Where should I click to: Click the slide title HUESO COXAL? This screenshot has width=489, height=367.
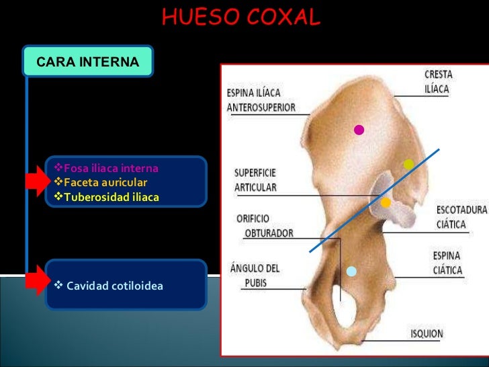click(x=241, y=18)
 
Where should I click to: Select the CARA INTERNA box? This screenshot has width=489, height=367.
click(x=88, y=62)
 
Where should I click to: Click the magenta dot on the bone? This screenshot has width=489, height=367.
click(x=359, y=130)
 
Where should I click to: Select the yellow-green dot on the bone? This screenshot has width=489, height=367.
click(x=408, y=164)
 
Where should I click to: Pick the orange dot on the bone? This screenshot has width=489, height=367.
click(x=386, y=202)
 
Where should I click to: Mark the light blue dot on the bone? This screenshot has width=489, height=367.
click(x=351, y=271)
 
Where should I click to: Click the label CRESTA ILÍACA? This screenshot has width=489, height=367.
click(x=438, y=81)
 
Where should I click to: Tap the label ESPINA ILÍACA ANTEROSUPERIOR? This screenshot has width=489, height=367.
click(x=261, y=99)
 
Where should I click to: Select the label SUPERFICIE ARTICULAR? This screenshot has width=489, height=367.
click(x=255, y=180)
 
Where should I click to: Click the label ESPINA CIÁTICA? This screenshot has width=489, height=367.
click(x=446, y=263)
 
